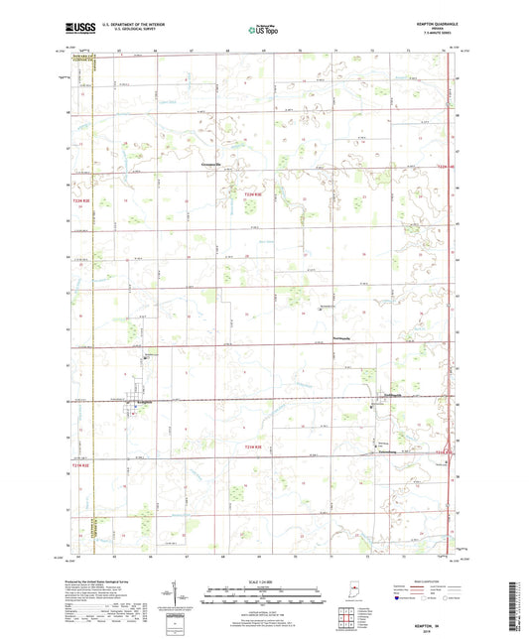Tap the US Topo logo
(264, 31)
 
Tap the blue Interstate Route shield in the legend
(397, 599)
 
